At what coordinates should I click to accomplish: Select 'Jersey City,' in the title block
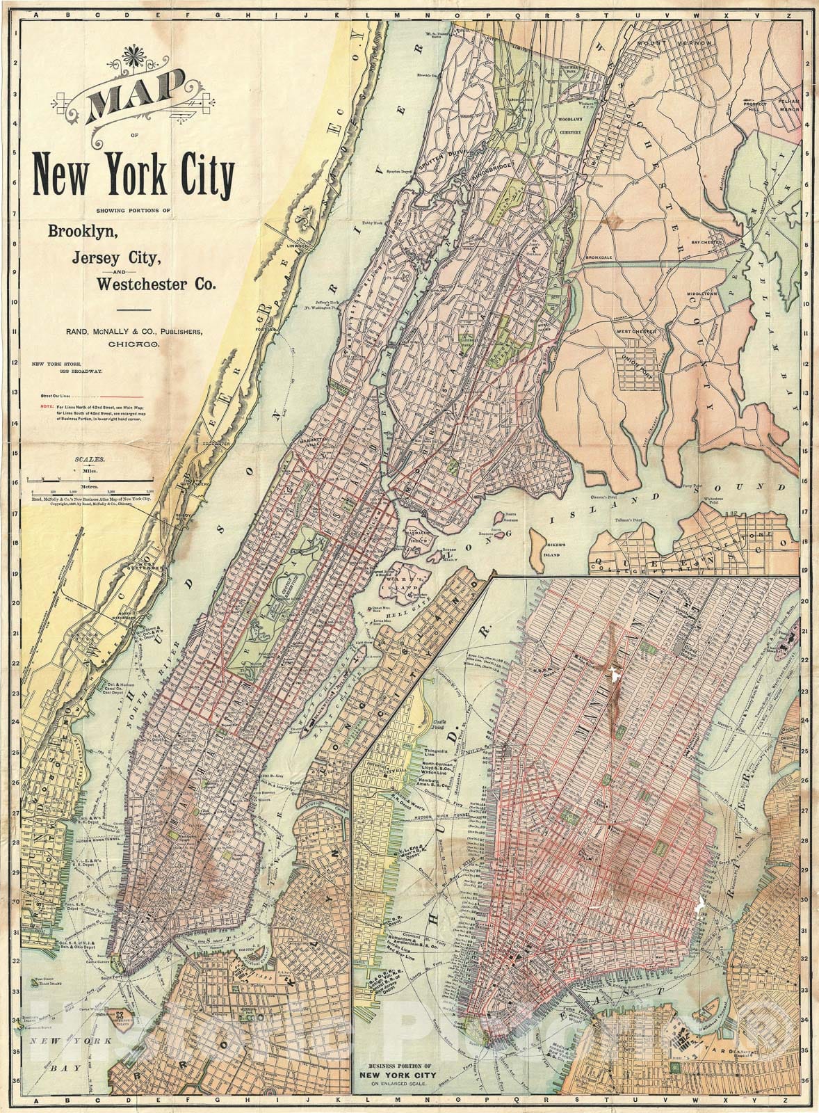(x=115, y=257)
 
